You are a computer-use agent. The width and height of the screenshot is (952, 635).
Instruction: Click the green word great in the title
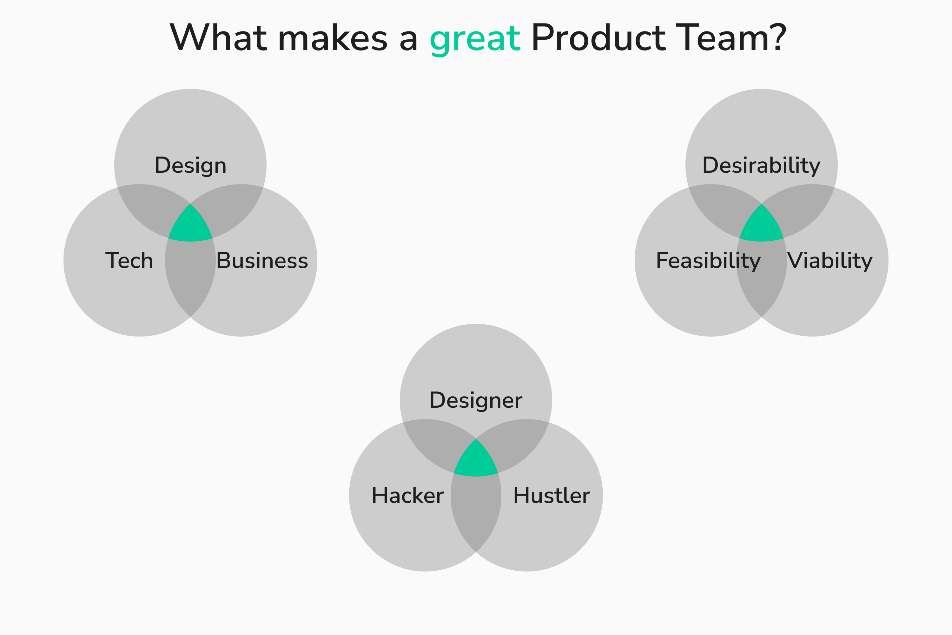point(474,38)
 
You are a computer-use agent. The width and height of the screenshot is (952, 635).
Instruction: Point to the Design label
point(190,165)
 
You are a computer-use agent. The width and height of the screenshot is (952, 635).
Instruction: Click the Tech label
point(129,260)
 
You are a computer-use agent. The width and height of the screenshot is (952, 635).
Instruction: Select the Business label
point(262,260)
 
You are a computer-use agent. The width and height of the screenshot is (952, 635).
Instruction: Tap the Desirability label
point(761,165)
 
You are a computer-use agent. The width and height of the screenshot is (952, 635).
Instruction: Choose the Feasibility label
point(708,260)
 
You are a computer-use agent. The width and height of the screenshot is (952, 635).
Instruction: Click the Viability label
point(830,260)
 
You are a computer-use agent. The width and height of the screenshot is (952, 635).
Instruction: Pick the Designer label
point(476,400)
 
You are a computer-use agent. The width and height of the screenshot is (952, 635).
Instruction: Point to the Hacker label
point(407,495)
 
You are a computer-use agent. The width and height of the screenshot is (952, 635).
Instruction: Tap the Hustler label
point(551,495)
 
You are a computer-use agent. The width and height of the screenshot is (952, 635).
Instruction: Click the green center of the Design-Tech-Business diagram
point(190,227)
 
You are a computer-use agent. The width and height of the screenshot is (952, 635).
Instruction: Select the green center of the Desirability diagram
point(761,227)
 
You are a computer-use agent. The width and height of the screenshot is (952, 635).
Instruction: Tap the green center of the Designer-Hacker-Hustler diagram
point(476,462)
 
